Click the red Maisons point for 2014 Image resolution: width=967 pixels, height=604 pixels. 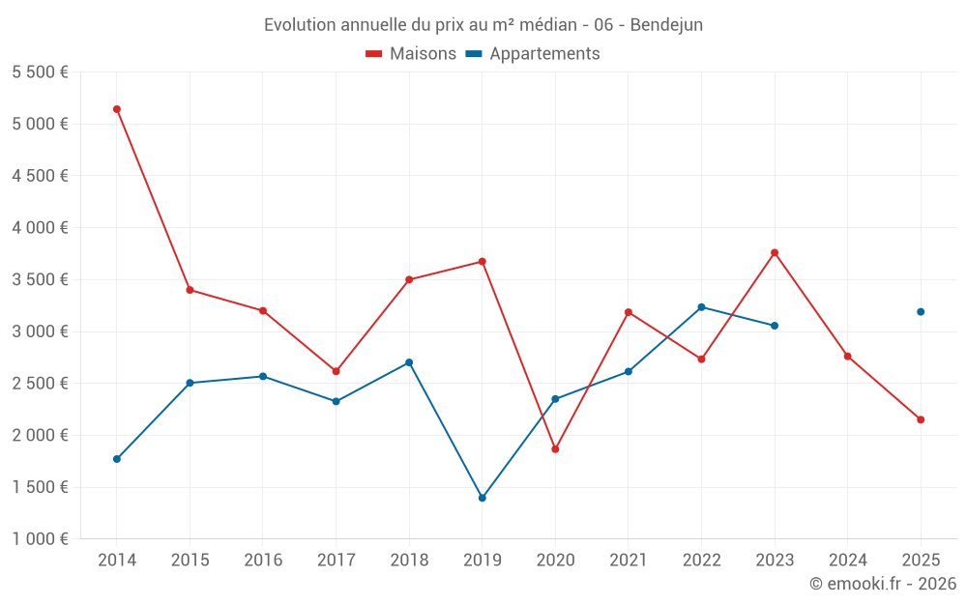click(117, 109)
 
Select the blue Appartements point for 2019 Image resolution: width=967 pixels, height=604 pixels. click(483, 498)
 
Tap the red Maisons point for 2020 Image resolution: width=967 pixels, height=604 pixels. click(555, 449)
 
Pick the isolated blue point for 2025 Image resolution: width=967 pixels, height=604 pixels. click(921, 312)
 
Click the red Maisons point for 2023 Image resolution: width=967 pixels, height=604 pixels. click(775, 252)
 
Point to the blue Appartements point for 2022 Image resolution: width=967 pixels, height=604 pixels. click(701, 307)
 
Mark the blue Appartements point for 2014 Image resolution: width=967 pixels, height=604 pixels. click(117, 459)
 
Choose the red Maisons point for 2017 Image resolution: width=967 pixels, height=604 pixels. click(337, 372)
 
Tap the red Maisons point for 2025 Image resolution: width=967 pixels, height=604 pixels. click(921, 419)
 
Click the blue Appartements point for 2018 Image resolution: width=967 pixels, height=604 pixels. click(409, 362)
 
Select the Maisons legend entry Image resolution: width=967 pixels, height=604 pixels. click(411, 53)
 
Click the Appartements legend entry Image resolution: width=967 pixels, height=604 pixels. click(533, 53)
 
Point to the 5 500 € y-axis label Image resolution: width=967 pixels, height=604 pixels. click(40, 72)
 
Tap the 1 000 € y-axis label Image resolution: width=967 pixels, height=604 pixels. click(40, 538)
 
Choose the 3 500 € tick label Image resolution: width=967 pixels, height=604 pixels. click(40, 280)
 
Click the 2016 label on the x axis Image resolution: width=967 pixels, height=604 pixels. click(263, 560)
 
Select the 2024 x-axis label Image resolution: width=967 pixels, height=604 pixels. click(847, 560)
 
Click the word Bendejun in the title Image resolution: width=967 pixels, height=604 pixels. click(666, 25)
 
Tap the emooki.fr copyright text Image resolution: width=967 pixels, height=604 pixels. click(883, 583)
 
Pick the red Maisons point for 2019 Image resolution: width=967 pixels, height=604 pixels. click(483, 262)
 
